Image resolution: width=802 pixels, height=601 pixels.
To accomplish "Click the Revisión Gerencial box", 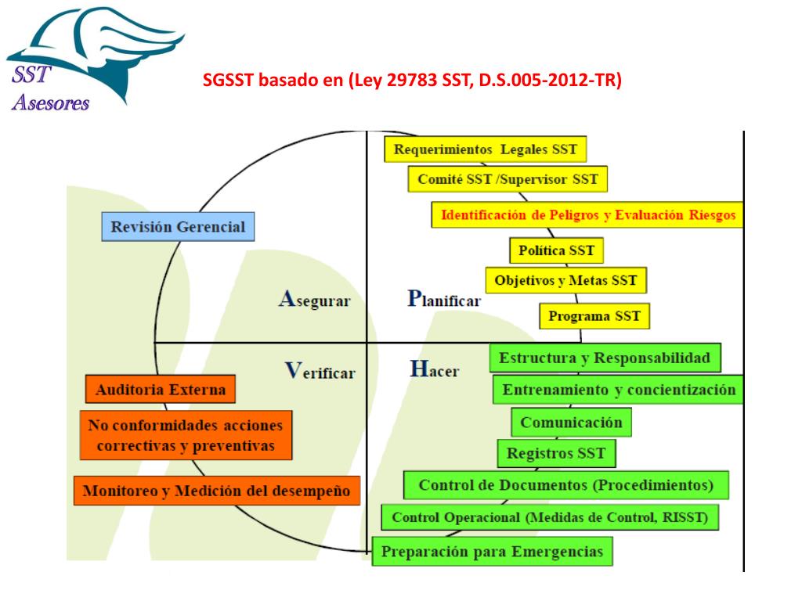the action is [x=178, y=228].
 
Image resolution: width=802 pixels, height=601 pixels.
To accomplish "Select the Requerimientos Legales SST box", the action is [x=486, y=149].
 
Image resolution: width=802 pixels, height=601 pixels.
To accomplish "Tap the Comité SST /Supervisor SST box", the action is [x=507, y=179].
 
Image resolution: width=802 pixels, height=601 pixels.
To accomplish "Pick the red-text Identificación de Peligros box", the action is [x=587, y=214].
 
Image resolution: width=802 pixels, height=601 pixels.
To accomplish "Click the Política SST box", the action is [x=556, y=251].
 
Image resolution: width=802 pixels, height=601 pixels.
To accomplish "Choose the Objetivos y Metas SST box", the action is [x=565, y=280].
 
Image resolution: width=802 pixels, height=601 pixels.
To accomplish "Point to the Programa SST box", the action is [x=594, y=316].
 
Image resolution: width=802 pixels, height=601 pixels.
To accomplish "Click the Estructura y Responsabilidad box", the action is [x=605, y=358].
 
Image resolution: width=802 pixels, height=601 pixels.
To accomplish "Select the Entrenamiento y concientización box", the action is [x=618, y=389].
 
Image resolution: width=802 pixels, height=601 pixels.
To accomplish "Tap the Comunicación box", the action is [x=571, y=423].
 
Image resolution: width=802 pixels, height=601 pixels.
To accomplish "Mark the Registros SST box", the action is [x=556, y=453].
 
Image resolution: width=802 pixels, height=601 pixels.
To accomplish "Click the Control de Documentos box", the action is [x=565, y=485].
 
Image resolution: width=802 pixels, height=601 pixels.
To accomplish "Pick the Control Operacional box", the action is [x=549, y=517].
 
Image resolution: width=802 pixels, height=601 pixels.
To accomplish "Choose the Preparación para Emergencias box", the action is [x=492, y=551].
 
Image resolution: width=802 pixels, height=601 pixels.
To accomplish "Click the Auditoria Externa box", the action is [x=160, y=389].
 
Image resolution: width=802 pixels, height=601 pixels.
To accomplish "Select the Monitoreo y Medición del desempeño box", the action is [x=216, y=491].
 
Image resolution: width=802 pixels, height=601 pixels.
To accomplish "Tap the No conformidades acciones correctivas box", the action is [x=186, y=435].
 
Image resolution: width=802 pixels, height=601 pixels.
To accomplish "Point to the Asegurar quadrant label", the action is [x=314, y=300].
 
